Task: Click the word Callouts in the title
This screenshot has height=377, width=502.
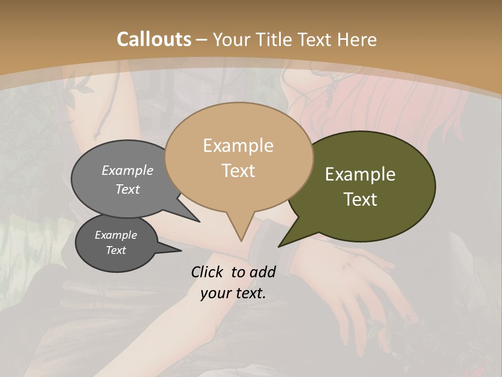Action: click(154, 39)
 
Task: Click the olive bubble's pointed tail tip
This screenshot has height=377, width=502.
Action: click(279, 246)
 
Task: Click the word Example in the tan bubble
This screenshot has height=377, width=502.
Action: click(238, 146)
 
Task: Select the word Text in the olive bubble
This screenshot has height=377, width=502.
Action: click(360, 199)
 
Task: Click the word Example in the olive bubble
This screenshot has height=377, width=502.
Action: click(360, 174)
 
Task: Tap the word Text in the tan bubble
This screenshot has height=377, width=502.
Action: click(238, 171)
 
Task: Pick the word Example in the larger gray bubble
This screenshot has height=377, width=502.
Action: click(128, 170)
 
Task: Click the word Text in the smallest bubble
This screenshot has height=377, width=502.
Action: click(116, 250)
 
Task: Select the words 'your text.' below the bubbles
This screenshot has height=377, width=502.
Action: click(233, 293)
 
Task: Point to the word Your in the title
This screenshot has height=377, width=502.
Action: click(233, 39)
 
